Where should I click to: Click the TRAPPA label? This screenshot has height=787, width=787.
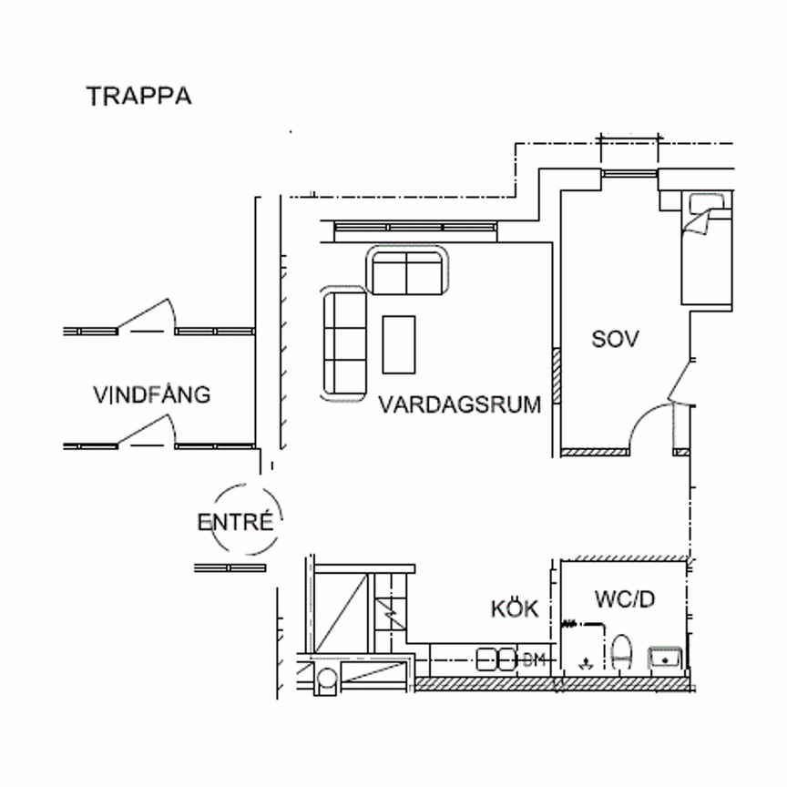pyautogui.click(x=138, y=97)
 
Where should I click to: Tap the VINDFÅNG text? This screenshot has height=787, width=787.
pyautogui.click(x=151, y=395)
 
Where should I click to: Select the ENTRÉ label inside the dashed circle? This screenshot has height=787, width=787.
pyautogui.click(x=234, y=523)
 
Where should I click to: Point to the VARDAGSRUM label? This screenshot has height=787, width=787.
pyautogui.click(x=460, y=404)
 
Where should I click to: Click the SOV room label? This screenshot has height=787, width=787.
pyautogui.click(x=616, y=340)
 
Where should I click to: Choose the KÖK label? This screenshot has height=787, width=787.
pyautogui.click(x=515, y=609)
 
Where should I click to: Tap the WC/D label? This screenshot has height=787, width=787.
pyautogui.click(x=625, y=599)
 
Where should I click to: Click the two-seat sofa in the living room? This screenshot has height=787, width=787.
pyautogui.click(x=407, y=271)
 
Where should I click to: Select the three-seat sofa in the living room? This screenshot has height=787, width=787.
pyautogui.click(x=343, y=342)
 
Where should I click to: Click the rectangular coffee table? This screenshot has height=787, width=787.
pyautogui.click(x=399, y=343)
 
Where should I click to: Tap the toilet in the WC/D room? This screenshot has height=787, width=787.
pyautogui.click(x=623, y=652)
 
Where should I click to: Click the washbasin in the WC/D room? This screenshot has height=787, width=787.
pyautogui.click(x=666, y=657)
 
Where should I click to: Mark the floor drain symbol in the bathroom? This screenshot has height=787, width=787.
pyautogui.click(x=585, y=663)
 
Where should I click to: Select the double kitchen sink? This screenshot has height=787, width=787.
pyautogui.click(x=496, y=659)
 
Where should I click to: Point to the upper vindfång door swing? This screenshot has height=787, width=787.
pyautogui.click(x=146, y=313)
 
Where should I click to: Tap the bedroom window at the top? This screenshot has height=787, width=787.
pyautogui.click(x=629, y=172)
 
